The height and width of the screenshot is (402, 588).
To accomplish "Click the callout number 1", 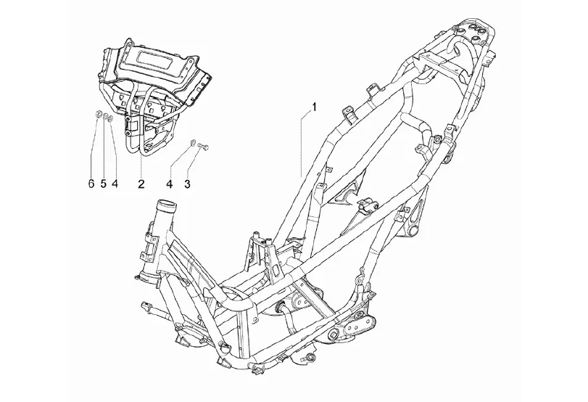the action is click(x=314, y=107).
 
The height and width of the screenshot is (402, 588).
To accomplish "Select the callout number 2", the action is click(x=141, y=184).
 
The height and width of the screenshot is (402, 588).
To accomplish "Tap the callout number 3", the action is click(x=187, y=184).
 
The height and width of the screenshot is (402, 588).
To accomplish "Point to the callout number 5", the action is click(x=103, y=184).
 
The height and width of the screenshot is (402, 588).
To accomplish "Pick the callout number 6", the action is click(x=91, y=184).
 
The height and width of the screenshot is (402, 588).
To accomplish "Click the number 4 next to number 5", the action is click(x=115, y=184).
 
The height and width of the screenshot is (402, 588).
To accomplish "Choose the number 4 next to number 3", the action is click(x=170, y=184).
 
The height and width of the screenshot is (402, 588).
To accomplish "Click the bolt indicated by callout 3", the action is click(x=203, y=145).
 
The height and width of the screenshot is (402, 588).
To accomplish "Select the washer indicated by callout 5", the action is click(x=106, y=117).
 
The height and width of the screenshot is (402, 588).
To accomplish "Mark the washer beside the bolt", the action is click(x=191, y=142).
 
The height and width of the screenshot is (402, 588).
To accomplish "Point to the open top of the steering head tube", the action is click(x=167, y=205).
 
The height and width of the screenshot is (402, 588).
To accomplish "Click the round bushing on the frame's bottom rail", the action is click(x=310, y=356).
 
